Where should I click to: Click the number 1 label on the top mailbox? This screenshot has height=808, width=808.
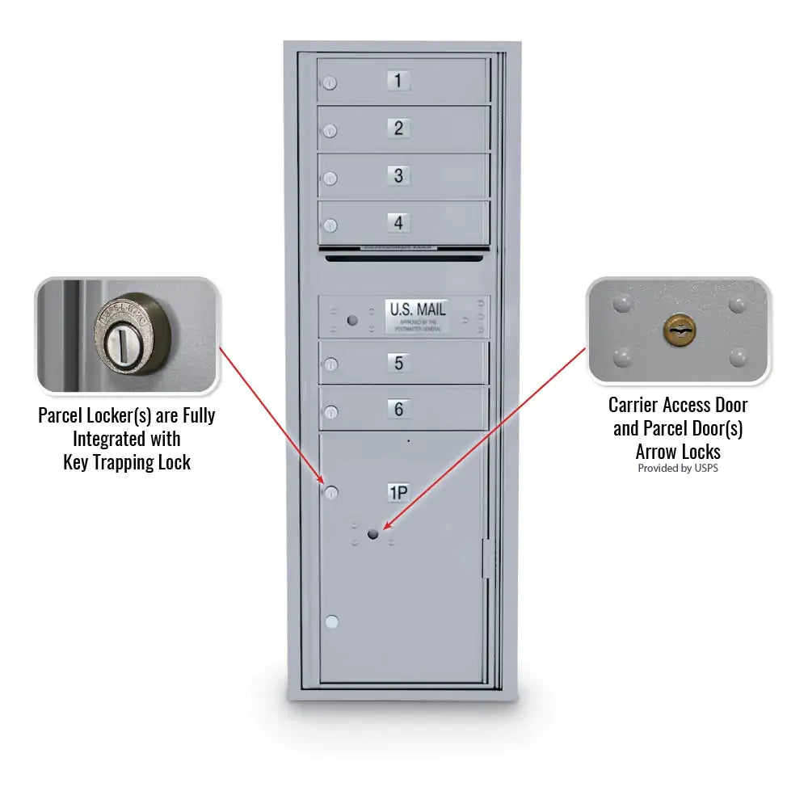(x=398, y=80)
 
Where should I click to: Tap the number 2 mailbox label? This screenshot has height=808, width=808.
(x=398, y=128)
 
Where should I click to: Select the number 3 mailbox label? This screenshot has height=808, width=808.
(x=398, y=175)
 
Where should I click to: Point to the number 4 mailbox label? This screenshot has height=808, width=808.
(x=398, y=221)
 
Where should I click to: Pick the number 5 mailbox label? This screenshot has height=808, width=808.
(x=398, y=363)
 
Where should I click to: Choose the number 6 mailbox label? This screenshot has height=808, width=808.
(x=398, y=409)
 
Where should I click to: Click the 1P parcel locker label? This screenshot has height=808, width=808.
(x=398, y=492)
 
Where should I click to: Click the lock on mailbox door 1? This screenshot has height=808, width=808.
(x=330, y=83)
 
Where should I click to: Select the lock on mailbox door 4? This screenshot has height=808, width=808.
(x=330, y=225)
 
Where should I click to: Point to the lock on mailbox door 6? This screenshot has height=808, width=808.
(x=330, y=413)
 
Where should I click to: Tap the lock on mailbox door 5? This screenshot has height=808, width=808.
(x=330, y=366)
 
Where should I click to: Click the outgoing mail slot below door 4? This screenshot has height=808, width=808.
(x=404, y=258)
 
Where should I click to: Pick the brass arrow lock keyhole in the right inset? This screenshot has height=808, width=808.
(x=679, y=329)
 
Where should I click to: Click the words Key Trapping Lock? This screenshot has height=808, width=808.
(x=127, y=462)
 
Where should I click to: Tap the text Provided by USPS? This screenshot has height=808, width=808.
(x=677, y=468)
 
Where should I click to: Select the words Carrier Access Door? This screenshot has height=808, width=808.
(x=678, y=405)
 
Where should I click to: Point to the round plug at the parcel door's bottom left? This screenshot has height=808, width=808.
(x=331, y=622)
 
